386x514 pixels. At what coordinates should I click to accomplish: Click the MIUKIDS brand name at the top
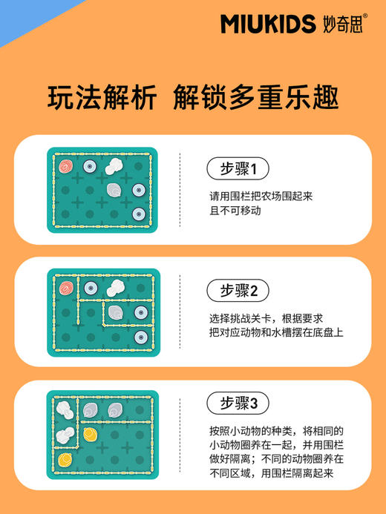click(x=267, y=24)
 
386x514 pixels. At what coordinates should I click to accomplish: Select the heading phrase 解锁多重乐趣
click(x=255, y=98)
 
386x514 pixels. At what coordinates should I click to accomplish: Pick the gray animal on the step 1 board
click(x=114, y=190)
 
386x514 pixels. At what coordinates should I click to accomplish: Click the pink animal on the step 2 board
click(x=65, y=287)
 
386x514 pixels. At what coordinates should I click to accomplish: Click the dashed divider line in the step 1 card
click(x=180, y=190)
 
